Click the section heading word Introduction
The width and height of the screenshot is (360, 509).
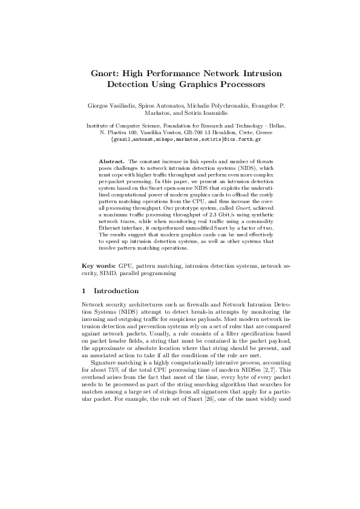tap(121, 291)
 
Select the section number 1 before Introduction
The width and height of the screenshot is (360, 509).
tap(84, 291)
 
